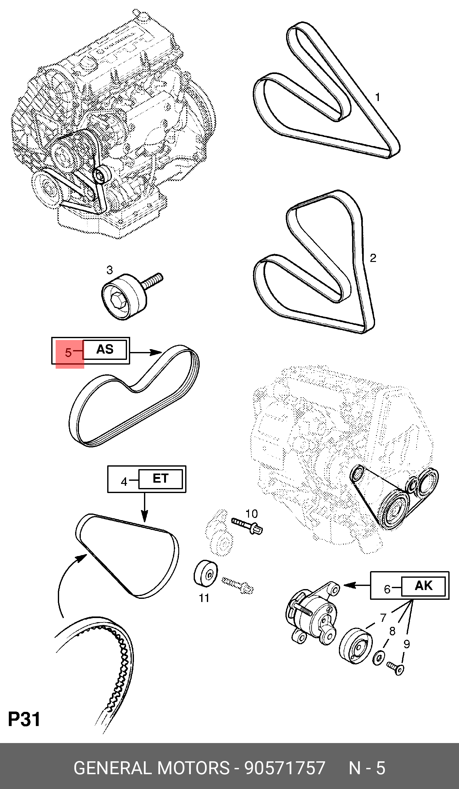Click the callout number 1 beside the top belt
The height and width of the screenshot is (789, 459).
click(x=378, y=97)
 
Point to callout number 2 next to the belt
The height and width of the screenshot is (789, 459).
click(x=373, y=258)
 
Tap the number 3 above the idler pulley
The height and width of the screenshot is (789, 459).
click(x=109, y=270)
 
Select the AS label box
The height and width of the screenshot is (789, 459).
click(x=105, y=349)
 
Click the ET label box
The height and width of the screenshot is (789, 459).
click(x=161, y=479)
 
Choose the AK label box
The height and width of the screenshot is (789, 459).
click(x=423, y=586)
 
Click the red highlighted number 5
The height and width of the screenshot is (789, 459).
click(x=69, y=352)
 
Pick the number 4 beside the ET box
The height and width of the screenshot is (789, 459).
click(x=124, y=481)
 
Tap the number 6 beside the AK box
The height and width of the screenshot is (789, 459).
click(x=387, y=589)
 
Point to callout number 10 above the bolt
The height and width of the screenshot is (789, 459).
click(x=252, y=514)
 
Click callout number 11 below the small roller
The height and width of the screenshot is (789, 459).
click(x=204, y=598)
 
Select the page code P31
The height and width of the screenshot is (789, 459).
click(x=24, y=719)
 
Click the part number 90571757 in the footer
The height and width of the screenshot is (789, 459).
click(x=285, y=768)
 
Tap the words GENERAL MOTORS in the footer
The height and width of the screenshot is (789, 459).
click(x=152, y=768)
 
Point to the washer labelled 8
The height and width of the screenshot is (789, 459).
click(x=379, y=657)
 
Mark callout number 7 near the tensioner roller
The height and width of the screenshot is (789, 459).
click(x=383, y=618)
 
